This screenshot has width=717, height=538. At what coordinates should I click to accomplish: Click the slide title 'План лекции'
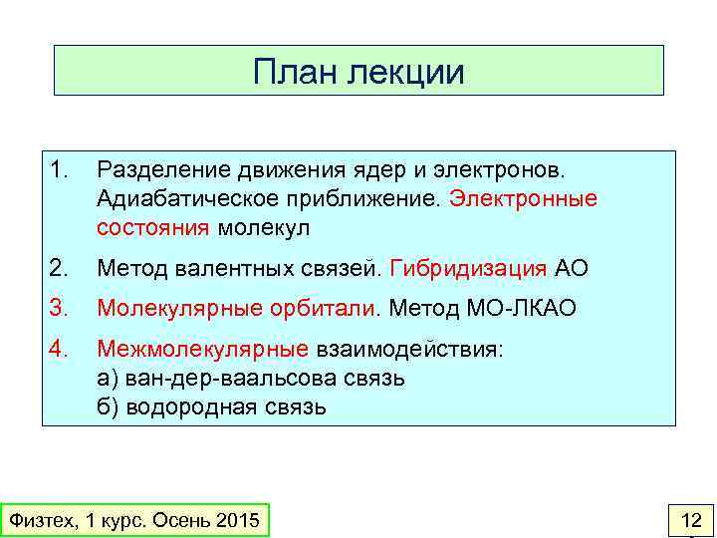(358, 71)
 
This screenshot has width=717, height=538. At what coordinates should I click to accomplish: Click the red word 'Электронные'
(523, 198)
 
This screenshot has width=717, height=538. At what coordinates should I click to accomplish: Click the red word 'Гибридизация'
(469, 268)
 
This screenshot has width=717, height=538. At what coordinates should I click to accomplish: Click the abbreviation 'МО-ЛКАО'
(521, 309)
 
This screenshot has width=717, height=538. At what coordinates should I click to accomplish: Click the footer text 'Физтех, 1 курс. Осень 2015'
(133, 520)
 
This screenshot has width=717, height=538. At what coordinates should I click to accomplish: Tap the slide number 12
(690, 519)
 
